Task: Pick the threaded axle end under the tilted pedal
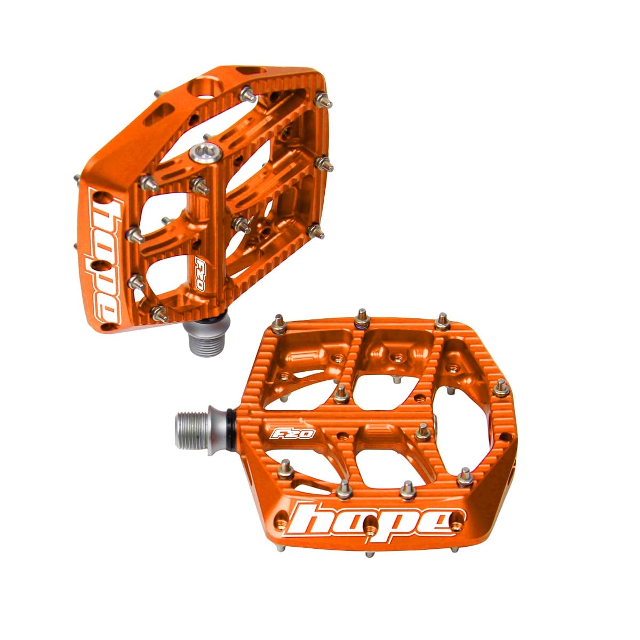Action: click(x=203, y=342)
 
